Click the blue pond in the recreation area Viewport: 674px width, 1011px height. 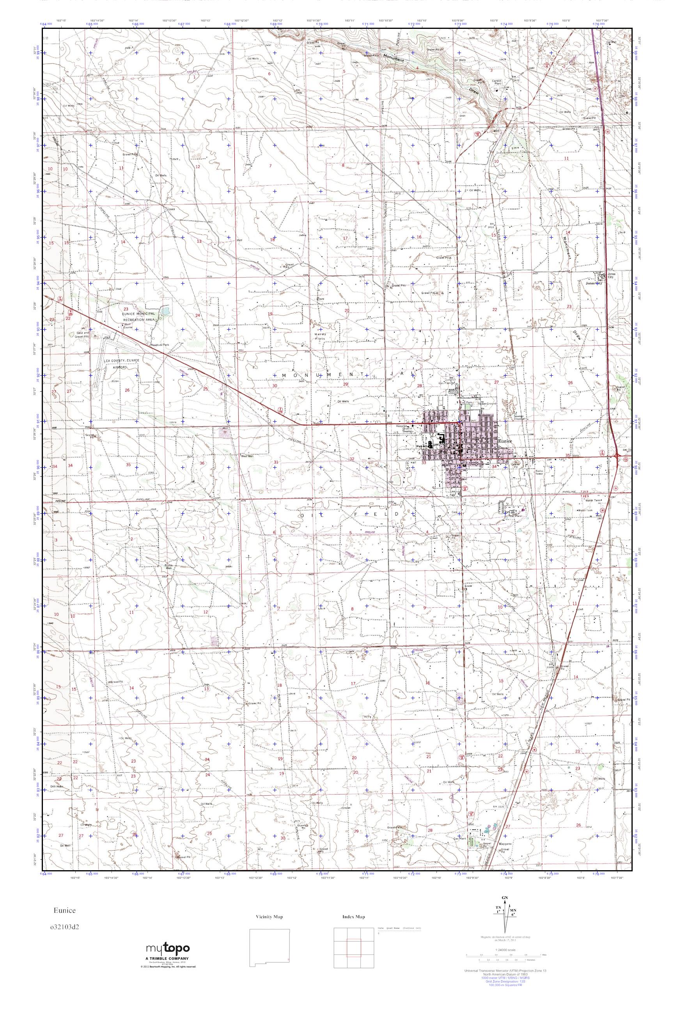pyautogui.click(x=165, y=311)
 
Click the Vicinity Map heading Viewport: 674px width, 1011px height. pyautogui.click(x=269, y=917)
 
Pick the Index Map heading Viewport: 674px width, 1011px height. pyautogui.click(x=354, y=917)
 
